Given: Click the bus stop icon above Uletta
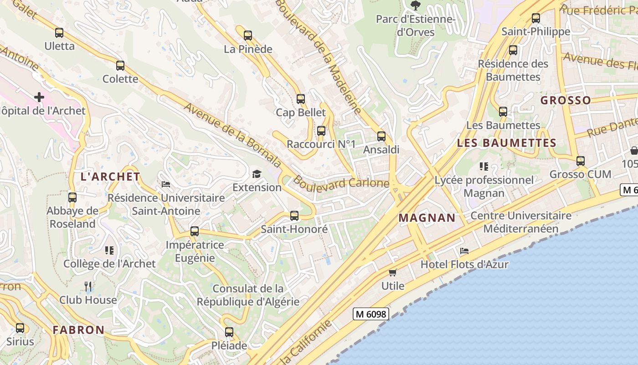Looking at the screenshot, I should tap(59, 33).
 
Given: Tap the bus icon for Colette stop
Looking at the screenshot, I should tap(120, 66).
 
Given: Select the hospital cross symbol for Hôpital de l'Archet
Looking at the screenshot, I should tap(39, 97).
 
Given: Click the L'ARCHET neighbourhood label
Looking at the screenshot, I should tap(110, 177).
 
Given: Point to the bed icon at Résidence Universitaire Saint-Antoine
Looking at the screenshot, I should tap(166, 184).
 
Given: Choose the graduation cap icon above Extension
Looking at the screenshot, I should tap(257, 174).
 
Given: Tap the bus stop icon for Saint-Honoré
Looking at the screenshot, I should tap(294, 216).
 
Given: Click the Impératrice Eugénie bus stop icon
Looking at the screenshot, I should tap(195, 231).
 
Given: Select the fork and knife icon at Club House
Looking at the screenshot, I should tap(88, 286).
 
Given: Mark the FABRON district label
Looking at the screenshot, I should tap(78, 329).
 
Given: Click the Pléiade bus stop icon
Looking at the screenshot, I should tap(229, 332).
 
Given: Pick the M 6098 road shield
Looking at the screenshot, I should tap(371, 314).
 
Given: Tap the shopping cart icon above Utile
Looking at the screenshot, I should tap(393, 272).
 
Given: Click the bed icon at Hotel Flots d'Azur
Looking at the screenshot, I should tap(464, 250).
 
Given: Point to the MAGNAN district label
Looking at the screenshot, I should tap(427, 218).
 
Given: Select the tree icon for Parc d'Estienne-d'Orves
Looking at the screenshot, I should tap(415, 5).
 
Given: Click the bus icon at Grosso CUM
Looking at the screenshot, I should tap(580, 161).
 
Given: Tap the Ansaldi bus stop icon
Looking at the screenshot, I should tap(381, 136).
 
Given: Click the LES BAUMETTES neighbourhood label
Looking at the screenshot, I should tap(506, 143).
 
